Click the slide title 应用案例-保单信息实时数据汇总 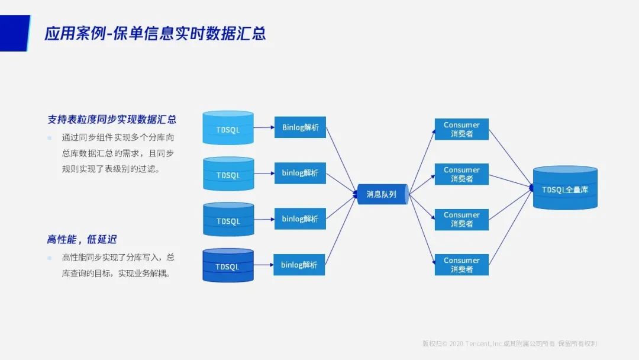pyautogui.click(x=155, y=33)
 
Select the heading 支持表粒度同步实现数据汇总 pyautogui.click(x=112, y=119)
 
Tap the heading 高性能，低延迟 pyautogui.click(x=82, y=239)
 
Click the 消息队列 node pyautogui.click(x=382, y=194)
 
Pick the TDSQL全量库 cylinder pyautogui.click(x=565, y=189)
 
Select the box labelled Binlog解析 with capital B pyautogui.click(x=300, y=127)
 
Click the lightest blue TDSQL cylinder pyautogui.click(x=228, y=128)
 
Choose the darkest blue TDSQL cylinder pyautogui.click(x=228, y=266)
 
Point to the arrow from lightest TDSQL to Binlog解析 pyautogui.click(x=264, y=127)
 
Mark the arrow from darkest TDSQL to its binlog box pyautogui.click(x=263, y=265)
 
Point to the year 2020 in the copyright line pyautogui.click(x=456, y=344)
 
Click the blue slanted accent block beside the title pyautogui.click(x=14, y=33)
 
